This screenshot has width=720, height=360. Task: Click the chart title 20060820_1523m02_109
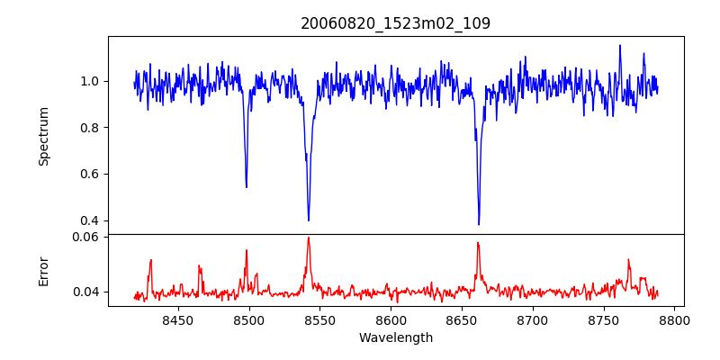(x=396, y=23)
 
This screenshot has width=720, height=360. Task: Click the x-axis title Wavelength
(x=396, y=338)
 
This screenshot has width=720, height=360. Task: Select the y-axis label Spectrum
(x=44, y=136)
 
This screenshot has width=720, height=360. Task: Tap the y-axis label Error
(x=44, y=270)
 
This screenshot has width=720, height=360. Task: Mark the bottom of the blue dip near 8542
(x=309, y=220)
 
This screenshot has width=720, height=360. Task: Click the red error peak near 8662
(x=478, y=243)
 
